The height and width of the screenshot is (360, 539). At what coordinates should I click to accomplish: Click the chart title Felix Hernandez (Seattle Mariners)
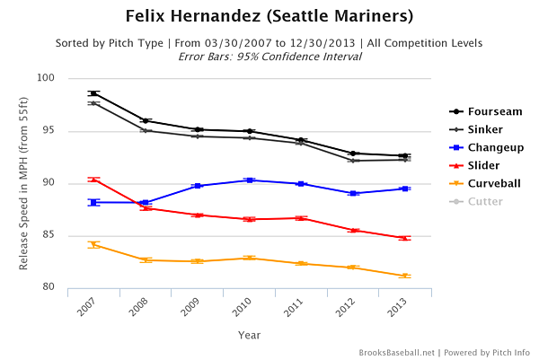pos(269,17)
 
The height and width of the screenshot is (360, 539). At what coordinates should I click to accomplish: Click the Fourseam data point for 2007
pos(93,93)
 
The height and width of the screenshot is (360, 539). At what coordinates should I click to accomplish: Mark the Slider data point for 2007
pos(93,180)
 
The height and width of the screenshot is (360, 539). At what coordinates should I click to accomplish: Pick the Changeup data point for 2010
pos(249,180)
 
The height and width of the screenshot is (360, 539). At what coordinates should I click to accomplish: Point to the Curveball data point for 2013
pos(405,276)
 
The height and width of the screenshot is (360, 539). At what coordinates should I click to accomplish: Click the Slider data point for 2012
pos(353,231)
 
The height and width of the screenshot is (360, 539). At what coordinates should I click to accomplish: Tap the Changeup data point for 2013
pos(405,189)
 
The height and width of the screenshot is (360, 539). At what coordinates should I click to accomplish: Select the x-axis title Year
pos(250,335)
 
